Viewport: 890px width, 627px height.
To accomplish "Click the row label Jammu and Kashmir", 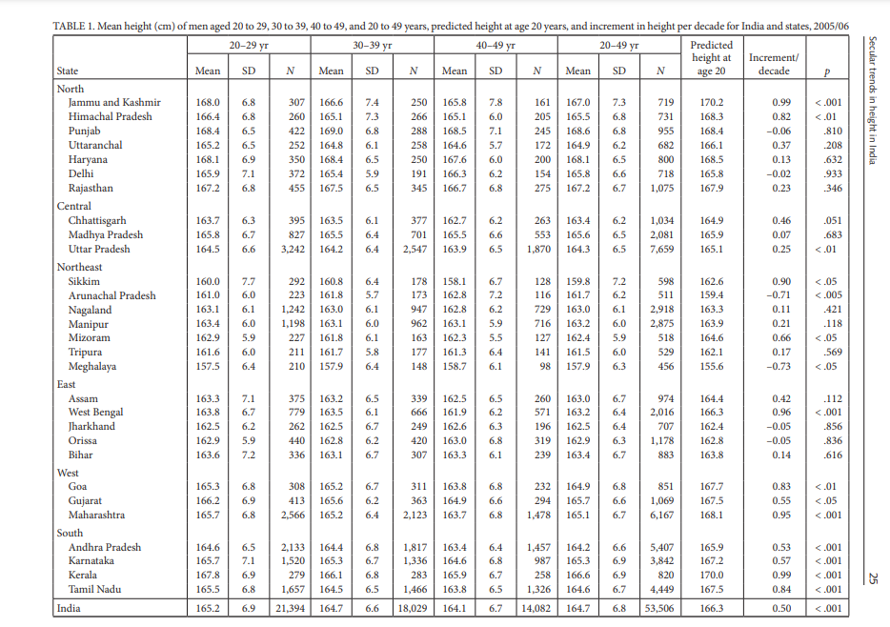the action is [x=114, y=102].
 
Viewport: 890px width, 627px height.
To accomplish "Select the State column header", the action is [x=68, y=71].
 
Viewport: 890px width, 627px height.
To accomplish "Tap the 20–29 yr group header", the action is [x=249, y=46].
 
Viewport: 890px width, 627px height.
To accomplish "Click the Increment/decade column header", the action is [x=774, y=64].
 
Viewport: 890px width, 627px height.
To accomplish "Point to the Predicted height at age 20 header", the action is [x=711, y=58].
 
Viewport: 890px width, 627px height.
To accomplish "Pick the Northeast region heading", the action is [x=79, y=267].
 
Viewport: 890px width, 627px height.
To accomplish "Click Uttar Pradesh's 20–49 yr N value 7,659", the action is [x=662, y=249].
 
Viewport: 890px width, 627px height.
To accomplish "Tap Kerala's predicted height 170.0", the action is [x=711, y=575].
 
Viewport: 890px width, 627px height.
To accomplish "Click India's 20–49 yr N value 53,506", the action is [x=659, y=608].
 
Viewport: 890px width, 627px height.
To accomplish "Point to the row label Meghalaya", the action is [x=91, y=367].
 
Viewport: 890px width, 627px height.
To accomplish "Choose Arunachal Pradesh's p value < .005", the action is [x=828, y=295].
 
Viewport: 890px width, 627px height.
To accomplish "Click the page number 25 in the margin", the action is [x=873, y=578].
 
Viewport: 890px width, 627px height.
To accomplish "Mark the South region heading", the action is [x=70, y=533].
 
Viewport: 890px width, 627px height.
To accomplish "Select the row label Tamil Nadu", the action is [x=94, y=589].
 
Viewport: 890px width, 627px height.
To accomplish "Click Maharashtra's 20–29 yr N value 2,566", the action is [x=293, y=516].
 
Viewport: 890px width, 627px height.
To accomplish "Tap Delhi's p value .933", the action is [x=833, y=174].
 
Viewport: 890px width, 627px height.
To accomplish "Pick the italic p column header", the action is [x=827, y=72].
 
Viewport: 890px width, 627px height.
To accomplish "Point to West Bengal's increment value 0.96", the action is [x=781, y=413].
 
